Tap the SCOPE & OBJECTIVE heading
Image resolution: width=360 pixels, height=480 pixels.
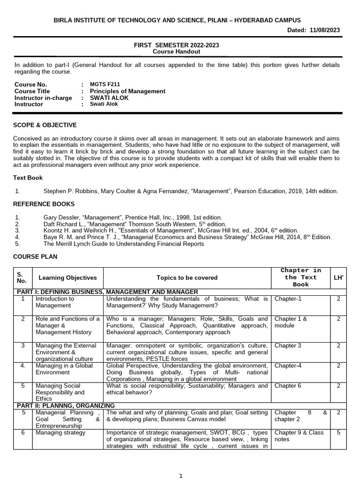click(x=45, y=125)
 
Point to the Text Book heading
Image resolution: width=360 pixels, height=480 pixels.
click(x=28, y=178)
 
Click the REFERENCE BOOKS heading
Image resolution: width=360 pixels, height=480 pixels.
click(x=44, y=204)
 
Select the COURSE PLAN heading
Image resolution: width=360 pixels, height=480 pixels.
click(x=35, y=257)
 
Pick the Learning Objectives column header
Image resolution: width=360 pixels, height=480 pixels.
click(x=67, y=277)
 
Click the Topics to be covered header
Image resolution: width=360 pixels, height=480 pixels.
click(x=187, y=277)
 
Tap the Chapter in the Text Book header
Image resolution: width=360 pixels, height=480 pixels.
click(x=300, y=277)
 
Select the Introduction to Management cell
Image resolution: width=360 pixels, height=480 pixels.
click(x=55, y=302)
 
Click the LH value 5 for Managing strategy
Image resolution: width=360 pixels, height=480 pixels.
click(x=338, y=433)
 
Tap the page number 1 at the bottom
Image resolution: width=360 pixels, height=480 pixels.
click(x=180, y=475)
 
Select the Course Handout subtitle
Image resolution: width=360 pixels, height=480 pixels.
click(x=176, y=52)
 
